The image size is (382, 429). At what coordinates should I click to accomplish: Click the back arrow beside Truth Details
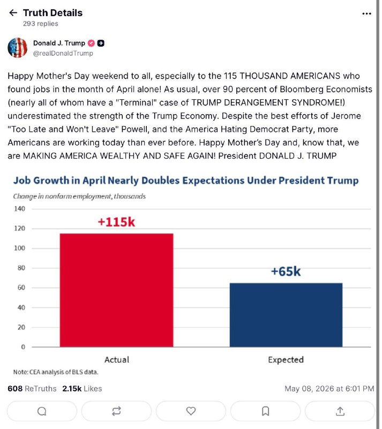pyautogui.click(x=13, y=12)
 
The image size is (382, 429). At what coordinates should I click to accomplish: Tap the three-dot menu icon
pyautogui.click(x=366, y=13)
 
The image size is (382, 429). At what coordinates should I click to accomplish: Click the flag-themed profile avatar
pyautogui.click(x=18, y=48)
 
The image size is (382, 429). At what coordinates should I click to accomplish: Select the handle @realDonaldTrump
pyautogui.click(x=63, y=53)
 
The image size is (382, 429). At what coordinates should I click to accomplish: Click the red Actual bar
pyautogui.click(x=116, y=290)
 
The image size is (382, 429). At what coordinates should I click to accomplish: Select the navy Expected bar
pyautogui.click(x=286, y=315)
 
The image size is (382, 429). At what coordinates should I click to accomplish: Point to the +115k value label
pyautogui.click(x=116, y=222)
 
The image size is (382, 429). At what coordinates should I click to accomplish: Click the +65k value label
pyautogui.click(x=286, y=271)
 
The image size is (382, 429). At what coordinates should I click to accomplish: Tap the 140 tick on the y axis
pyautogui.click(x=19, y=209)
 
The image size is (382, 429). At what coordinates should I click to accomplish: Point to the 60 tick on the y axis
pyautogui.click(x=21, y=287)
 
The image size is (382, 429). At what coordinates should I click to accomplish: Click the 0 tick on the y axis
pyautogui.click(x=23, y=347)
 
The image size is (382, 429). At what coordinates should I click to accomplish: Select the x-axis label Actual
pyautogui.click(x=117, y=359)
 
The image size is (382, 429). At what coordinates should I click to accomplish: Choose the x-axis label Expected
pyautogui.click(x=286, y=360)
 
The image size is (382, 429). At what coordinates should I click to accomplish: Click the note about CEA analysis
pyautogui.click(x=56, y=372)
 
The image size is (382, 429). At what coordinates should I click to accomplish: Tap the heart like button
pyautogui.click(x=191, y=411)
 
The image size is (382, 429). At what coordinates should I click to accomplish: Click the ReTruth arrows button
pyautogui.click(x=116, y=411)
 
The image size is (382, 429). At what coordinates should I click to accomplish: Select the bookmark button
pyautogui.click(x=265, y=411)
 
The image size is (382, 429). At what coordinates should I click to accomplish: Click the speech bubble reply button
pyautogui.click(x=42, y=411)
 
